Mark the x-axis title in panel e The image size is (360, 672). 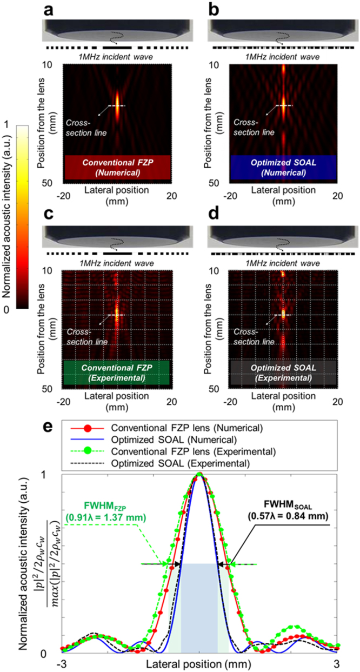click(x=199, y=662)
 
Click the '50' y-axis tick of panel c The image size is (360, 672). click(x=53, y=388)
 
